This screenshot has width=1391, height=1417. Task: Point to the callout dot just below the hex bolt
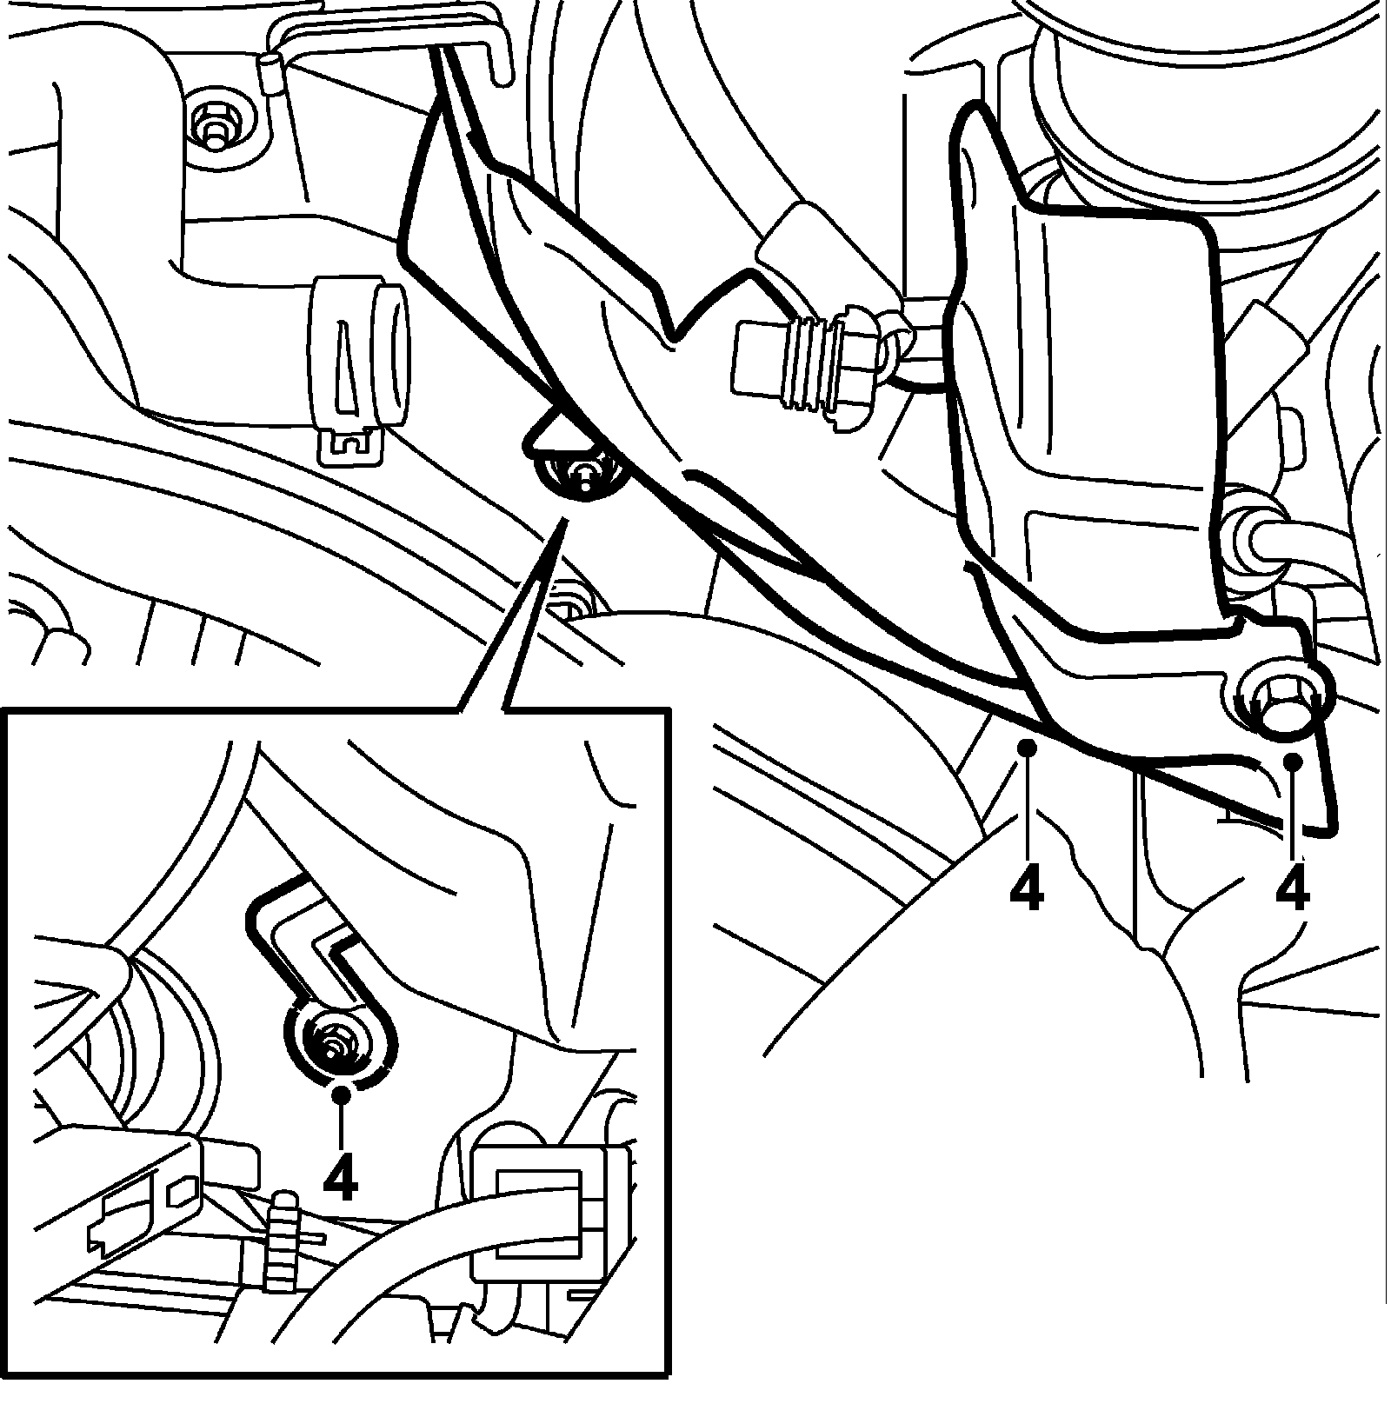[x=1293, y=761]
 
